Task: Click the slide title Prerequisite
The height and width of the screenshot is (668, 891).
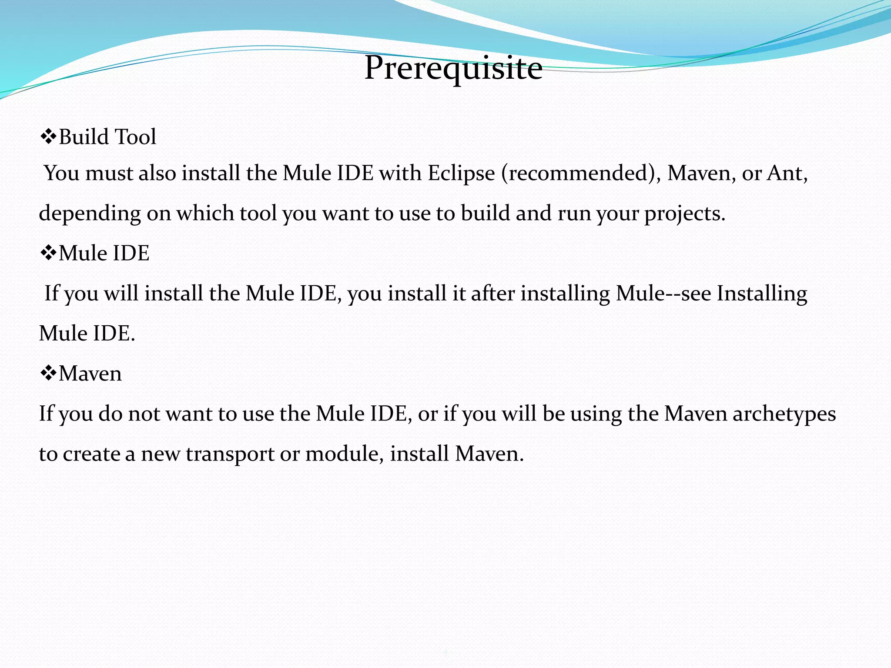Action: (453, 68)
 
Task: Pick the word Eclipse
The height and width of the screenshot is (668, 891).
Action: (461, 173)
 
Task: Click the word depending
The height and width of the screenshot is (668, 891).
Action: (90, 214)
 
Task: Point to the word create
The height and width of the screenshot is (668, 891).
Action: (91, 454)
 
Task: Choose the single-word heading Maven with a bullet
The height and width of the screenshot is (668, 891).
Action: (90, 373)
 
